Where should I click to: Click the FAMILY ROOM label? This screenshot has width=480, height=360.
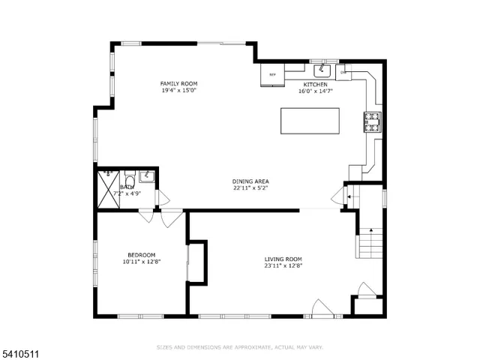tap(178, 83)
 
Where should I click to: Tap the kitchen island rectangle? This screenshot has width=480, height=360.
tap(309, 121)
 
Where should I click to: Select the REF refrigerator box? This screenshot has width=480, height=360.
tap(273, 75)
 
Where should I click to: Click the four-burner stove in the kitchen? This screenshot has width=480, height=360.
tap(373, 121)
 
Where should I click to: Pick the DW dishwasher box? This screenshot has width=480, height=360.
tap(343, 72)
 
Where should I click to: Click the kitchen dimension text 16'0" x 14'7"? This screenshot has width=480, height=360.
tap(315, 91)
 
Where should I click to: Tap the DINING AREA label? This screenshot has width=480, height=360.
tap(250, 181)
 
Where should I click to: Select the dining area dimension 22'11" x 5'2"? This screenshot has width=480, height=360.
tap(250, 188)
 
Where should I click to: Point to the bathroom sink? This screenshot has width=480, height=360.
tap(148, 176)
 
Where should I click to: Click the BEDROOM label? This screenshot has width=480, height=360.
tap(141, 254)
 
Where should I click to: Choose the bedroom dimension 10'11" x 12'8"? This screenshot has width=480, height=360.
tap(141, 262)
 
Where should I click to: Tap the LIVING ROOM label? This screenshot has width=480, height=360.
tap(283, 259)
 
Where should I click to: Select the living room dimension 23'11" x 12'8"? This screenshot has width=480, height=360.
tap(283, 265)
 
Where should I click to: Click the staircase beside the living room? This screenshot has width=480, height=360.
tap(369, 240)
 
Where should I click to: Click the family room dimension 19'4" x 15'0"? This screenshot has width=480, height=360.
tap(178, 91)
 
